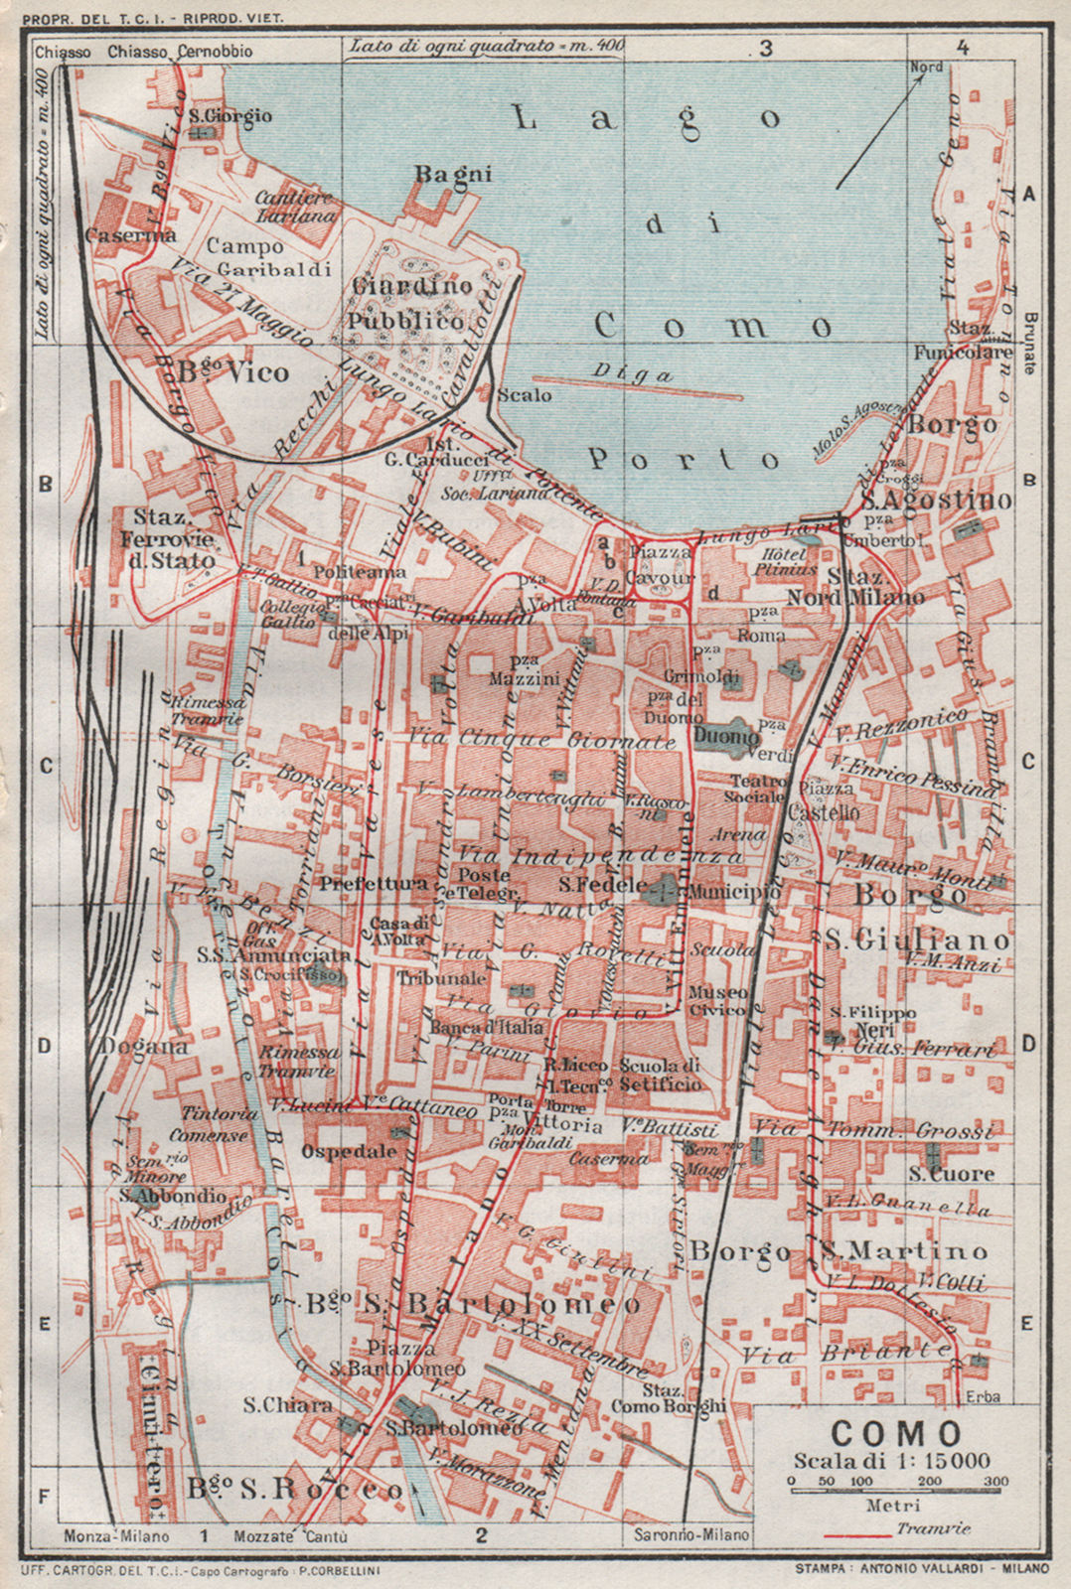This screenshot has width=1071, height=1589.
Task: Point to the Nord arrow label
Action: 926,68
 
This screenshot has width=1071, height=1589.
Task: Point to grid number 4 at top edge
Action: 961,47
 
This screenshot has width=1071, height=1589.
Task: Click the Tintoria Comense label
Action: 209,1124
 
